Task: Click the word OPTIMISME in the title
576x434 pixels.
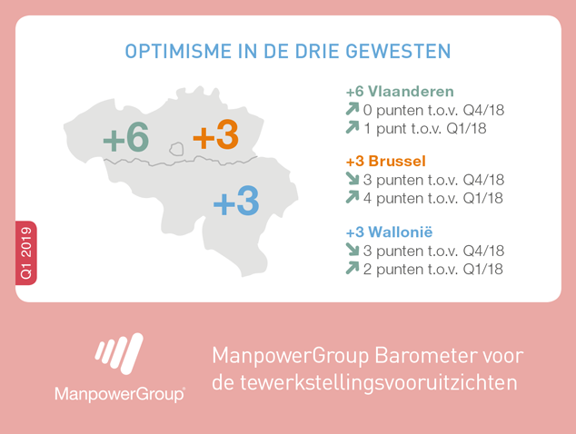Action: pyautogui.click(x=178, y=51)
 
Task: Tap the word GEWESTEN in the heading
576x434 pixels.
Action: pyautogui.click(x=398, y=51)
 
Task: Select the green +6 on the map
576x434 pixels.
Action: pyautogui.click(x=126, y=137)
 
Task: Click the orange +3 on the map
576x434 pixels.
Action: pyautogui.click(x=216, y=134)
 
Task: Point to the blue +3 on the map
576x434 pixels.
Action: pyautogui.click(x=236, y=201)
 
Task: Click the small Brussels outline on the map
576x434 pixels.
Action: pyautogui.click(x=176, y=149)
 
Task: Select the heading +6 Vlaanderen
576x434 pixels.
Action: pyautogui.click(x=400, y=92)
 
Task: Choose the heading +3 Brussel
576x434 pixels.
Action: pyautogui.click(x=386, y=161)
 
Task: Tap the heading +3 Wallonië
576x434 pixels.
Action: pyautogui.click(x=390, y=232)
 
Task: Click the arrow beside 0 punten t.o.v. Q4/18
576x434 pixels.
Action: pyautogui.click(x=353, y=109)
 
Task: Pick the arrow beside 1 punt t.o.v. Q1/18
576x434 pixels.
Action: pyautogui.click(x=353, y=127)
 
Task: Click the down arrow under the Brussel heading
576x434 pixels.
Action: pyautogui.click(x=353, y=179)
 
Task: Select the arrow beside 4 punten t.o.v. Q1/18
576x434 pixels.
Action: pyautogui.click(x=353, y=197)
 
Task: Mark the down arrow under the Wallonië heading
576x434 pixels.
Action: pyautogui.click(x=353, y=250)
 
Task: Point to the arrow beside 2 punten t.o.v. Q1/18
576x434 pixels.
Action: pyautogui.click(x=353, y=268)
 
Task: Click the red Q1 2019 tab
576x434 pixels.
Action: pyautogui.click(x=26, y=253)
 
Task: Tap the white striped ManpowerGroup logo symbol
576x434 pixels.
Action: pyautogui.click(x=119, y=353)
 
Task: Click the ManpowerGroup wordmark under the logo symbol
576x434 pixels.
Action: pyautogui.click(x=120, y=394)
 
